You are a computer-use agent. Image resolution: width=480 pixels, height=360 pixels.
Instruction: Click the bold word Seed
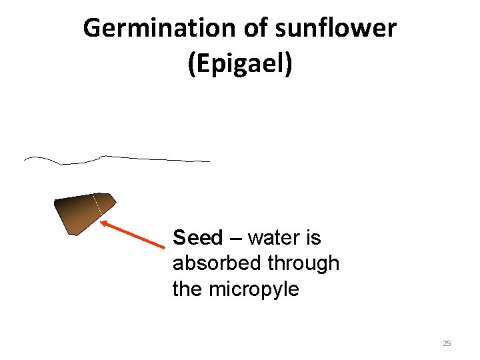point(198,237)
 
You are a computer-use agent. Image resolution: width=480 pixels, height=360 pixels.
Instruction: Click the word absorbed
point(217,263)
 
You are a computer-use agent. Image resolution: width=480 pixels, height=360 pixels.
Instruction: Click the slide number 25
point(447,343)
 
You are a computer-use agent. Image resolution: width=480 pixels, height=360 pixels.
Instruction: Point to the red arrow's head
point(103,223)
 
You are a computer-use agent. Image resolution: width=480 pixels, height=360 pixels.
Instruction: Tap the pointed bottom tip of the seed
point(73,234)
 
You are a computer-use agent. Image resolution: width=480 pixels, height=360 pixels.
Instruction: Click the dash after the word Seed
point(235,239)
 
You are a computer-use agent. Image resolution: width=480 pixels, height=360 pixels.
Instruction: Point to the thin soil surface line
point(153,159)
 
